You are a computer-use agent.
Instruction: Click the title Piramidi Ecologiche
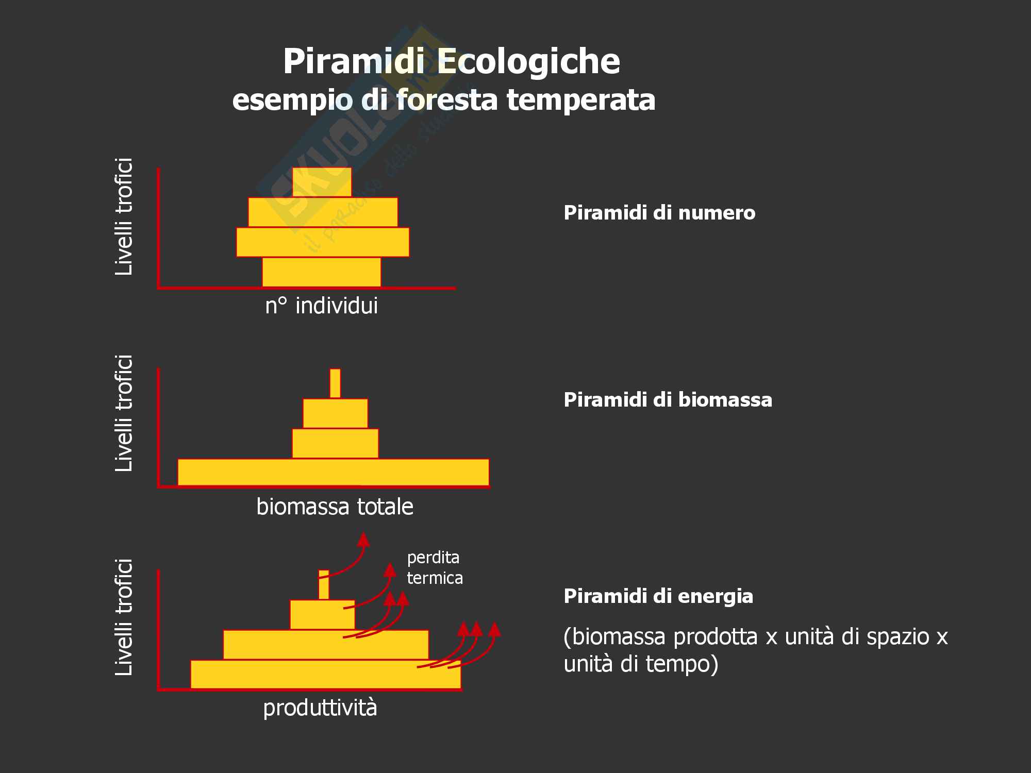tap(451, 62)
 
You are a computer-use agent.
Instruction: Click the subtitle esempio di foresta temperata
tap(443, 99)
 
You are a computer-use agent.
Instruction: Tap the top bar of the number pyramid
tap(322, 182)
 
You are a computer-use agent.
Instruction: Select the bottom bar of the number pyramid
tap(321, 272)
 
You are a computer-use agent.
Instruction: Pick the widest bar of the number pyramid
tap(323, 242)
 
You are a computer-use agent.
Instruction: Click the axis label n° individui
tap(321, 306)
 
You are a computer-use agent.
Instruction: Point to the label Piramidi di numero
tap(659, 213)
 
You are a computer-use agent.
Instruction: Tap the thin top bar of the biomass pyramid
tap(335, 383)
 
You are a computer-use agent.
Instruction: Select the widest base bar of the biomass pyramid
tap(333, 472)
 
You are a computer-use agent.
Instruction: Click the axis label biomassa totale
tap(335, 507)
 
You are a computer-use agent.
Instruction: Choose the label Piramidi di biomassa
tap(668, 400)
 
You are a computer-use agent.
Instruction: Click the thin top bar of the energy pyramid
tap(324, 584)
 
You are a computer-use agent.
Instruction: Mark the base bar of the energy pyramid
tap(325, 674)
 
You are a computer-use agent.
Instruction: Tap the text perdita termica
tap(435, 567)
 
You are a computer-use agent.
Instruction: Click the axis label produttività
tap(320, 708)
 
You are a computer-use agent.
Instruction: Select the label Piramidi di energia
tap(658, 596)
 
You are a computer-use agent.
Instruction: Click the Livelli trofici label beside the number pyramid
tap(124, 216)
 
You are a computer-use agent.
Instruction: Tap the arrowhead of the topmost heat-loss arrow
tap(363, 540)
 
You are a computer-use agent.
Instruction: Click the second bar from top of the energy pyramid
tap(322, 614)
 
